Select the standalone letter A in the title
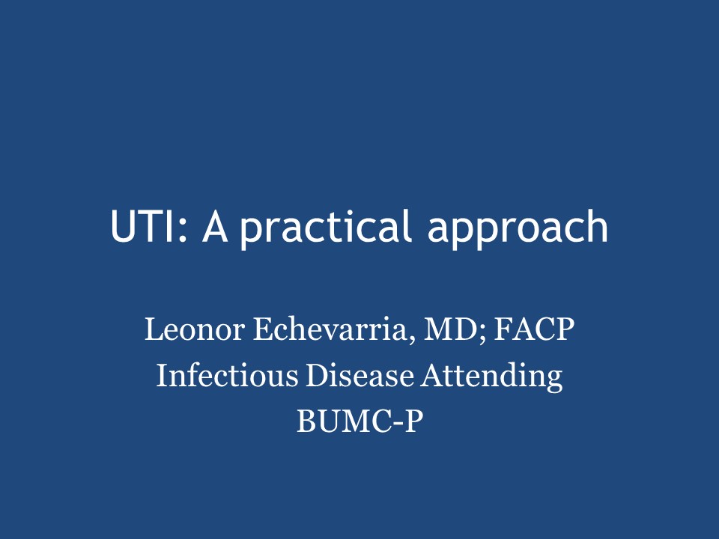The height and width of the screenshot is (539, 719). [x=215, y=226]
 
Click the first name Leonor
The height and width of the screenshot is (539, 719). [x=195, y=329]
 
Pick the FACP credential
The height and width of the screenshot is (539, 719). [x=534, y=329]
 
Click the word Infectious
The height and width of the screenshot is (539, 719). [x=228, y=375]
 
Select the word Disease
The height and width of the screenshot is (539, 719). [x=360, y=375]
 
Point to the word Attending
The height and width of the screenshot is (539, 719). [x=492, y=377]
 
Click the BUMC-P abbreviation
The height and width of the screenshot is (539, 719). [x=359, y=421]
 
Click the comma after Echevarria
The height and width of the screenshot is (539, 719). [x=410, y=338]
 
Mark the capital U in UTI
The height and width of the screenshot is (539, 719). [x=124, y=226]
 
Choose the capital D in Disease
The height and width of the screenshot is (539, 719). [x=318, y=375]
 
